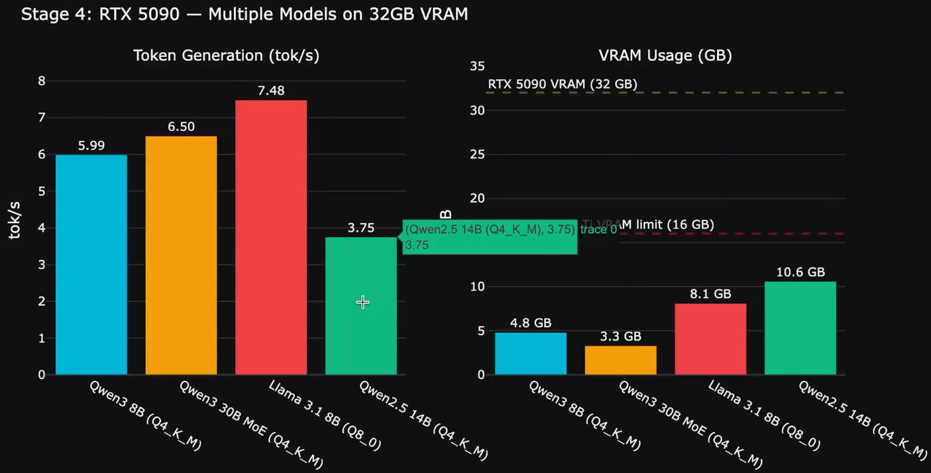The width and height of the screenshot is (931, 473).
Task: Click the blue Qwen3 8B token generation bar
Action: tap(91, 265)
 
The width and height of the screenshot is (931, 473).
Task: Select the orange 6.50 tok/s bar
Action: tap(181, 255)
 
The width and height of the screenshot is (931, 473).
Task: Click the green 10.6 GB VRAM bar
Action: tap(800, 328)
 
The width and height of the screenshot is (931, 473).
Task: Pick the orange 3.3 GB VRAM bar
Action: tap(621, 360)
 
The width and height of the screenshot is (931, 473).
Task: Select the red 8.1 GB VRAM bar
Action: tap(710, 339)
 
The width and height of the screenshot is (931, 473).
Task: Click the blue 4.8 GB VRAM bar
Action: tap(531, 353)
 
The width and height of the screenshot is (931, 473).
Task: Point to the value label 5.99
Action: tap(91, 146)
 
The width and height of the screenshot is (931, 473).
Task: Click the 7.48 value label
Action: tap(271, 91)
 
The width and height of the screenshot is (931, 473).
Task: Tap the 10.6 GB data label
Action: tap(800, 272)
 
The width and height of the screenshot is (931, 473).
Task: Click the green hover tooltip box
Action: tap(490, 237)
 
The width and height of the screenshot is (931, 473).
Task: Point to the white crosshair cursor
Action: tap(362, 303)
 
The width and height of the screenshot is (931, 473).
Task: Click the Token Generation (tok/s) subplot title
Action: tap(226, 56)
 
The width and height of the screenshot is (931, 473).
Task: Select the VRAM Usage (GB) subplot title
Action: tap(665, 56)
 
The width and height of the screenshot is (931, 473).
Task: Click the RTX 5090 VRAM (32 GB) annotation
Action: tap(563, 84)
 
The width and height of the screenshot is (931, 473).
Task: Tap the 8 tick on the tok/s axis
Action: tap(42, 81)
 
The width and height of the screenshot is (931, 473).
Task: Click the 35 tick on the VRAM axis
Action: tap(477, 66)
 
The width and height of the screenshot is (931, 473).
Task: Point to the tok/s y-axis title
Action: tap(14, 221)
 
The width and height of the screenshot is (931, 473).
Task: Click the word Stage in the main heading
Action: tap(41, 14)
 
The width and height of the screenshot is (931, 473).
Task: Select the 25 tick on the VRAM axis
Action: tap(477, 154)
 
